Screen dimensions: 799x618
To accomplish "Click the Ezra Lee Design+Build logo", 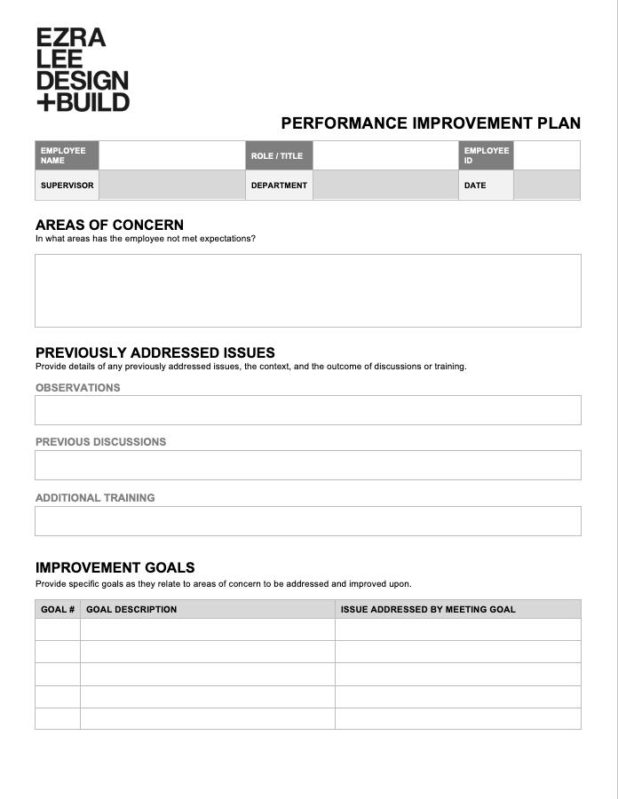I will point(83,69).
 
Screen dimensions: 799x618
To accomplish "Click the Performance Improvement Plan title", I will point(431,123).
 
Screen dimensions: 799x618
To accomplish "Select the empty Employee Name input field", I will point(171,155).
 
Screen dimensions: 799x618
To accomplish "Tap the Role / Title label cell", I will point(279,155).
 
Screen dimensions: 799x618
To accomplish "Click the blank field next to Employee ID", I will point(546,155).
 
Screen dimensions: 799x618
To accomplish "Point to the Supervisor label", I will point(67,186).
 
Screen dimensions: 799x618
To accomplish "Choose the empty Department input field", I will point(385,186).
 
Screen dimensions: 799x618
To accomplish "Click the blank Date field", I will point(546,186).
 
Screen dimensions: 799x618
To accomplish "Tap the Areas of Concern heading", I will point(109,225).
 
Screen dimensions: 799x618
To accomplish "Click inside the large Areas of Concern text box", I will point(308,290).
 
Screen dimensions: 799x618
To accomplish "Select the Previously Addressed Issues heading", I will point(155,352).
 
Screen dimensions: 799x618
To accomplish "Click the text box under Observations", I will point(308,410).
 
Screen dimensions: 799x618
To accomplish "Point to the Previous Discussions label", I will point(100,441).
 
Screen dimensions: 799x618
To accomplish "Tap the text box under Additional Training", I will point(308,521).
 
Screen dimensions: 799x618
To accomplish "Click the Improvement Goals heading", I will point(115,567).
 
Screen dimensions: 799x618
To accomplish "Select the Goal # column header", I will point(58,609).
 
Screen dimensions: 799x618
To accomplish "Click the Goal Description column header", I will point(131,609).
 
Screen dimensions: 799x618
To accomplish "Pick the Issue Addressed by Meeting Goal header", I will point(428,609).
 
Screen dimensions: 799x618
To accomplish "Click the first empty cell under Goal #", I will point(58,629).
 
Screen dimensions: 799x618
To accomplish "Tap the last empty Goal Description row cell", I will point(207,718).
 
